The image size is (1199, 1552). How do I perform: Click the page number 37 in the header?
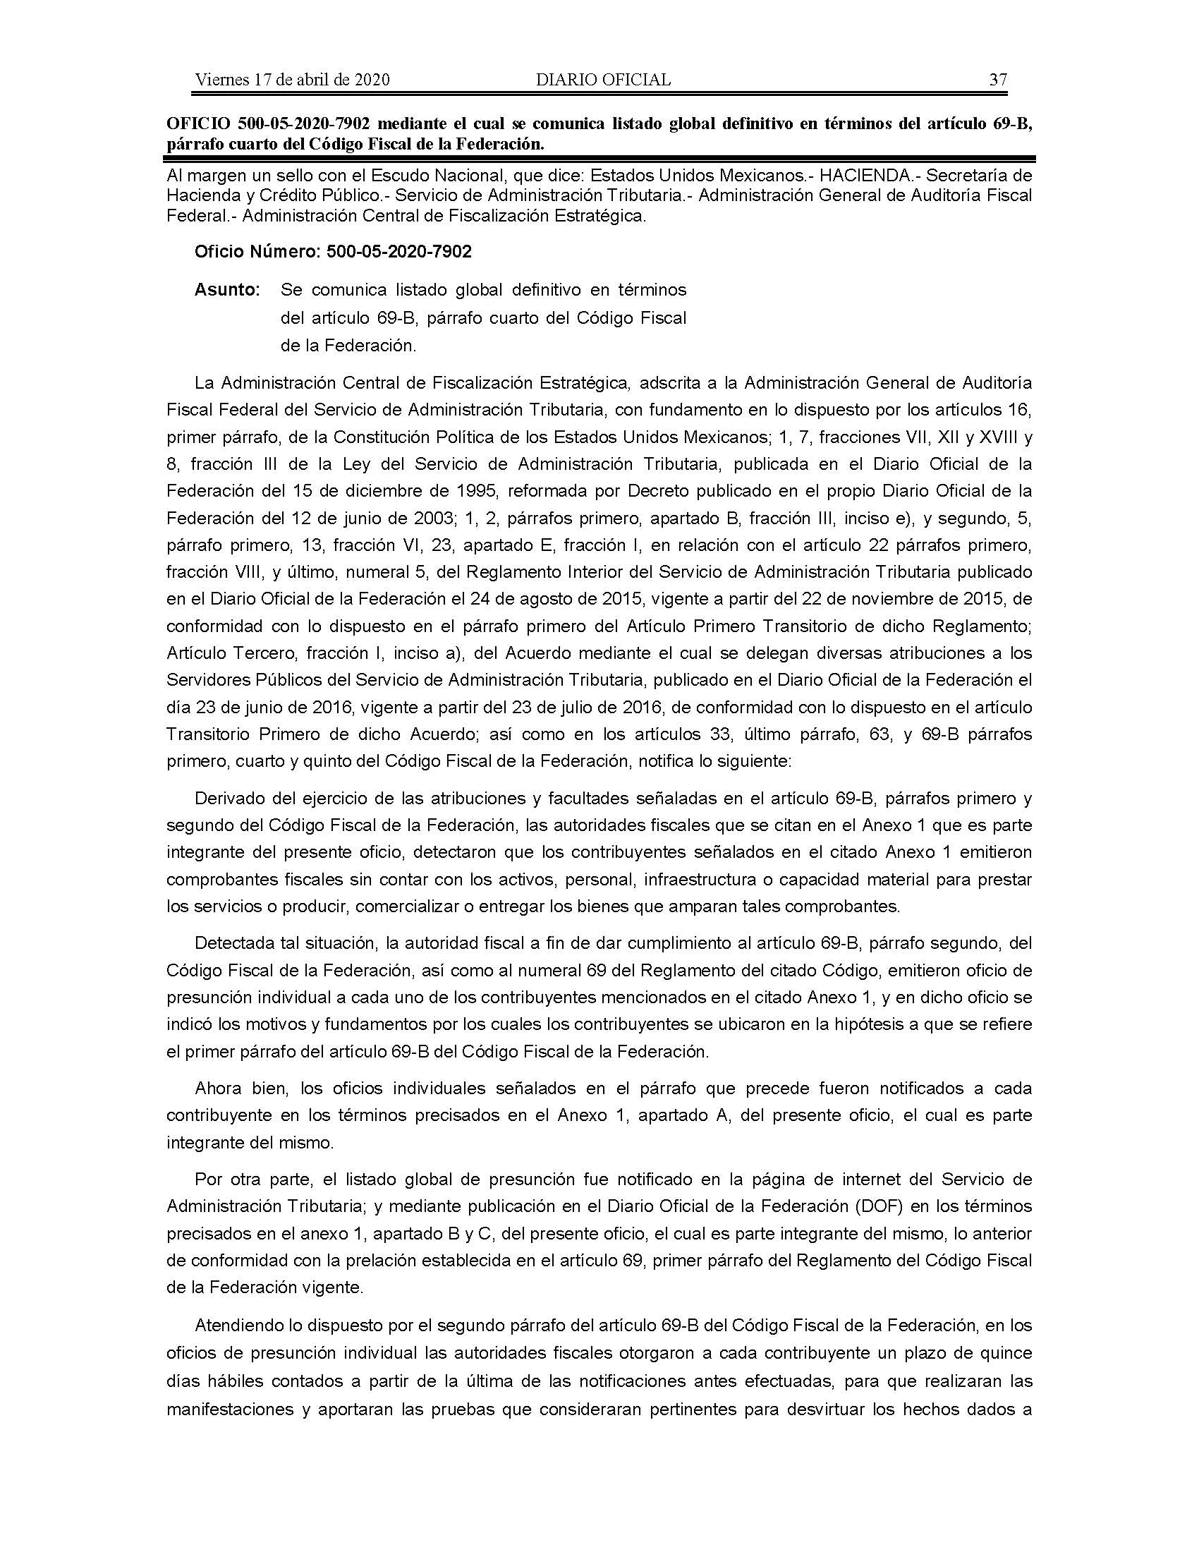click(x=998, y=80)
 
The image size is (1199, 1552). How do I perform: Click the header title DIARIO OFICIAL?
click(x=603, y=80)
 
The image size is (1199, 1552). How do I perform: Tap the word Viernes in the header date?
click(x=219, y=80)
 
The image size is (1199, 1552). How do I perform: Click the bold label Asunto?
click(x=227, y=290)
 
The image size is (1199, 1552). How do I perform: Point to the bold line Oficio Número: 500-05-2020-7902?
click(x=333, y=252)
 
